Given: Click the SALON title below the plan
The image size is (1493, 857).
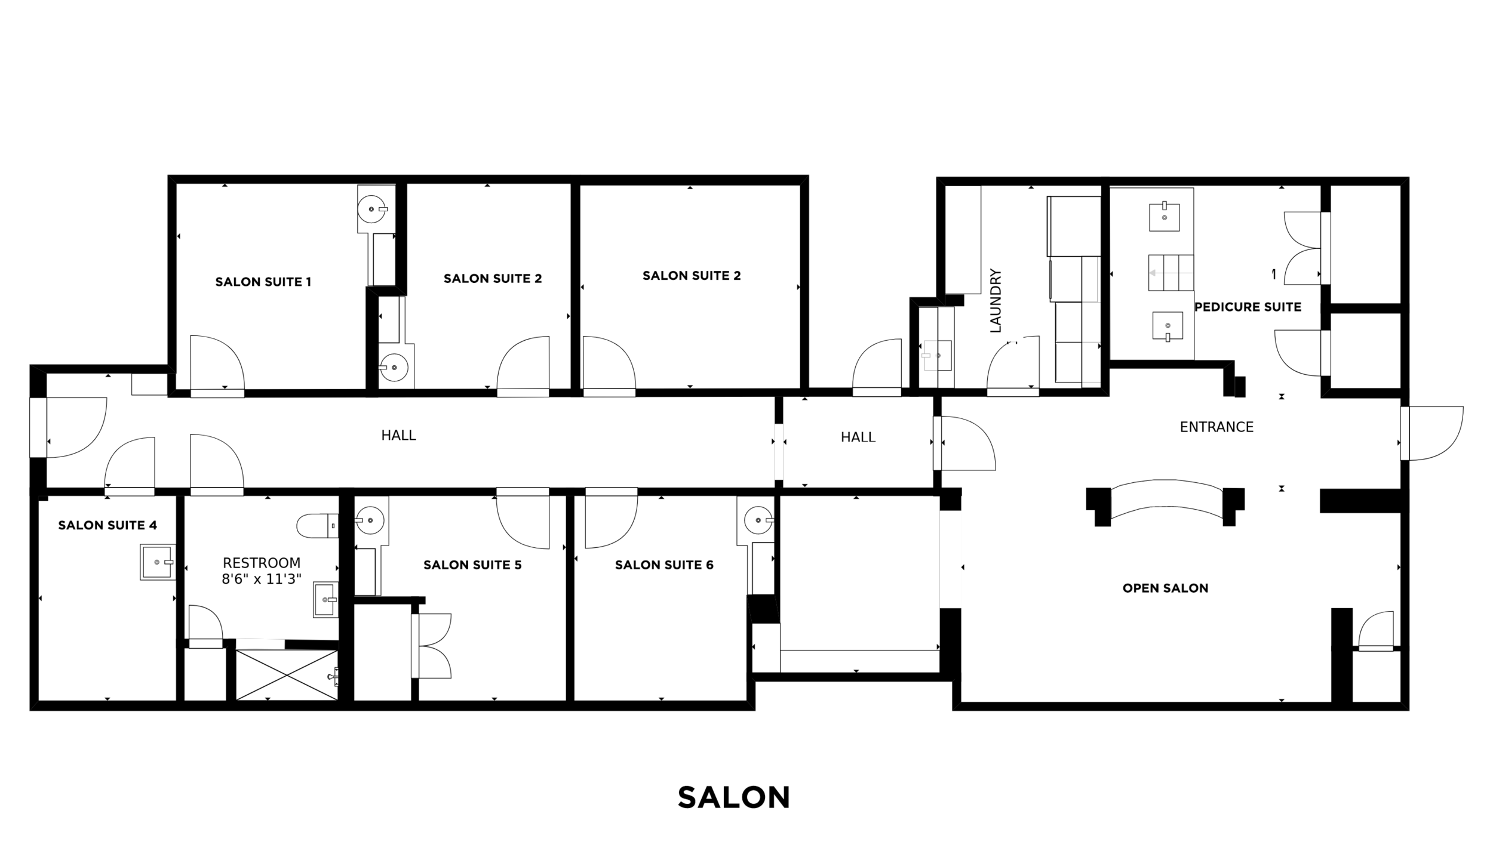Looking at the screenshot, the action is pyautogui.click(x=733, y=797).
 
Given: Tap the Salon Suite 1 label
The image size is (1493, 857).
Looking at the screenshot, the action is pyautogui.click(x=263, y=282).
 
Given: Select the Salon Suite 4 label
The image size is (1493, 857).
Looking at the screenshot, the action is pyautogui.click(x=107, y=525).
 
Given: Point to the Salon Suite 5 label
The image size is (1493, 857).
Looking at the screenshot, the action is pyautogui.click(x=472, y=565).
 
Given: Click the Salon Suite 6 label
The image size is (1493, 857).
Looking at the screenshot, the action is pyautogui.click(x=664, y=565).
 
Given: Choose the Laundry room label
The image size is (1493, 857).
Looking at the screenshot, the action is pyautogui.click(x=995, y=300).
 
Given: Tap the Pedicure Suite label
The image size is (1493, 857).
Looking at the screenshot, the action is pyautogui.click(x=1248, y=307).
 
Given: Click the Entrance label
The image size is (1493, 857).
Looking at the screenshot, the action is pyautogui.click(x=1216, y=427).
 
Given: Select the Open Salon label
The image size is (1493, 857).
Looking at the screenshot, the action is pyautogui.click(x=1165, y=588).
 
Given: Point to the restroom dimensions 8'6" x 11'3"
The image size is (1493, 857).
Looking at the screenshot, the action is pyautogui.click(x=262, y=579).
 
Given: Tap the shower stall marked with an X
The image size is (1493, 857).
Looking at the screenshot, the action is pyautogui.click(x=287, y=675).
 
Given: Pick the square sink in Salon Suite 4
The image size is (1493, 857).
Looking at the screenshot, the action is pyautogui.click(x=158, y=562).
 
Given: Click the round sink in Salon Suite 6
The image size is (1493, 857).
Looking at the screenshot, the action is pyautogui.click(x=758, y=520).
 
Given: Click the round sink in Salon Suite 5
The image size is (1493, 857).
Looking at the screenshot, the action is pyautogui.click(x=370, y=520).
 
